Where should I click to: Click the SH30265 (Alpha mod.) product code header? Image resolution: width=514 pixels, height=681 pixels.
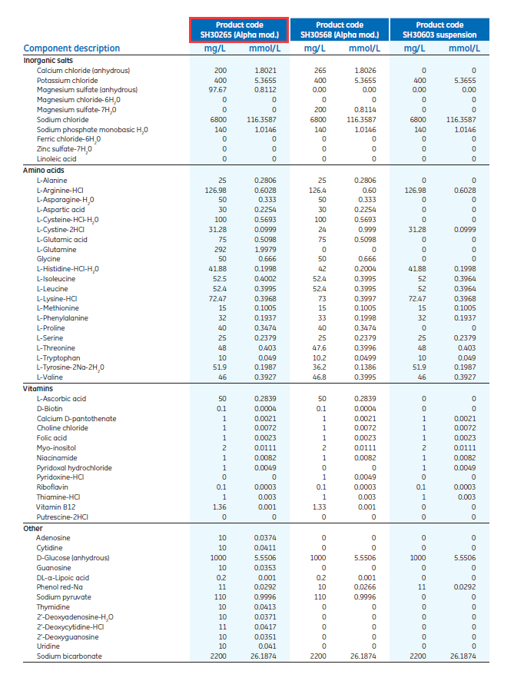(x=239, y=30)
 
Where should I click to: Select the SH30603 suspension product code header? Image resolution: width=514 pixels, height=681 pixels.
(x=439, y=30)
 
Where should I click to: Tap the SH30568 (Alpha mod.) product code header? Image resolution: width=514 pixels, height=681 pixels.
(x=340, y=30)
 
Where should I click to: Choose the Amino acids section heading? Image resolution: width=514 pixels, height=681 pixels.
(x=44, y=169)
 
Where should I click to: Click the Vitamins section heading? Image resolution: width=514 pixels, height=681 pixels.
(x=38, y=388)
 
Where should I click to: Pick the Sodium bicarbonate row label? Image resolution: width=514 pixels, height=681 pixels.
(x=69, y=656)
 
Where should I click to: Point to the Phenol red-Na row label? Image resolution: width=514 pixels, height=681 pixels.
(x=61, y=586)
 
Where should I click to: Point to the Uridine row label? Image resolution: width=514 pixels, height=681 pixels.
(x=48, y=646)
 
